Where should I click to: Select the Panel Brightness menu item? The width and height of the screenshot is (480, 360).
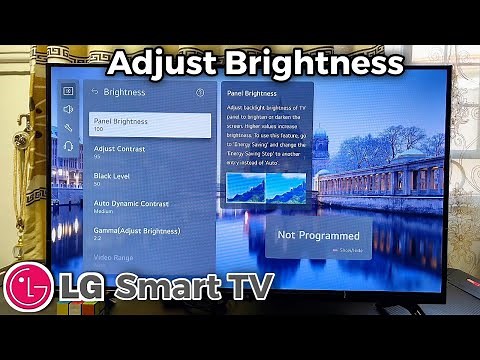point(150,125)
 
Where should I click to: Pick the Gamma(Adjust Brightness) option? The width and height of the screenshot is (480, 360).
point(150,235)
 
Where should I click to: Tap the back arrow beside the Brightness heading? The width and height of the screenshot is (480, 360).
point(95,92)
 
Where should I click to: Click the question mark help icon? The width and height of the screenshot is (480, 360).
point(200,92)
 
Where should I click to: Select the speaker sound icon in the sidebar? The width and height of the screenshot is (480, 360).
point(68,109)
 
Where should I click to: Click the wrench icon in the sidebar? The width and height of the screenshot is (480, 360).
point(68,128)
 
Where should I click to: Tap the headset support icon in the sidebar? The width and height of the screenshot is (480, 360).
point(68,147)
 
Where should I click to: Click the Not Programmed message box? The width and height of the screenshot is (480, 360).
point(318,238)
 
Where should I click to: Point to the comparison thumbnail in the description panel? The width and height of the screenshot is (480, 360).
point(265,187)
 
